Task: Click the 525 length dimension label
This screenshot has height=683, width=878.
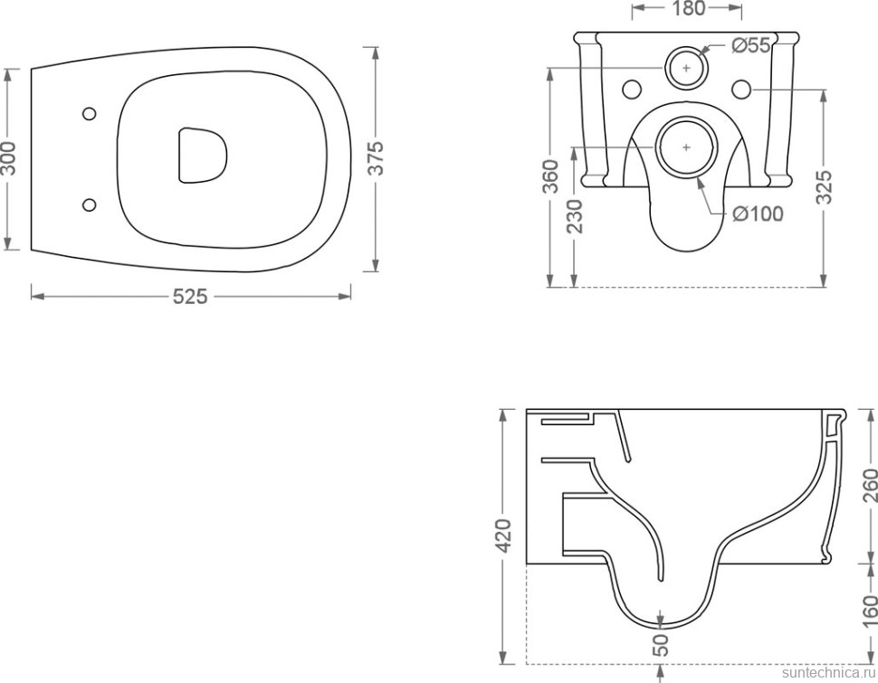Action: pos(189,297)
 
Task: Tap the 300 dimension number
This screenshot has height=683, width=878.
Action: pos(10,158)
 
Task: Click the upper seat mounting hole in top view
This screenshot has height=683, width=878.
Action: pos(89,114)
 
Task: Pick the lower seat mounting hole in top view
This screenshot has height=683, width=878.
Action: pos(89,204)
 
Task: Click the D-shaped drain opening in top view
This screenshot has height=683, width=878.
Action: pos(203,156)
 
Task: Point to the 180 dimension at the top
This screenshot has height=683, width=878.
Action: pos(688,9)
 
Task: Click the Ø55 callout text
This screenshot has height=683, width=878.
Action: pos(751,45)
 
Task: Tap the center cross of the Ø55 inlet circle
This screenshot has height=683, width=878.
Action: pos(687,68)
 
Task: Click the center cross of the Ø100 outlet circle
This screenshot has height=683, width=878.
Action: pos(687,147)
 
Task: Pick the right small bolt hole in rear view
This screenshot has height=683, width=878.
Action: pos(741,89)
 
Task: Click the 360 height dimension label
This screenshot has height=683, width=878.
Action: pos(551,176)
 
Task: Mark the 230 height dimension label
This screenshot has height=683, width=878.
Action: pos(575,216)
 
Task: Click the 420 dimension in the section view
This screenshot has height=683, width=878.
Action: pos(504,536)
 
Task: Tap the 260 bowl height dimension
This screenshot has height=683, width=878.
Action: pos(869,486)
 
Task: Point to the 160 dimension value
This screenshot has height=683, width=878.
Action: pos(869,612)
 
